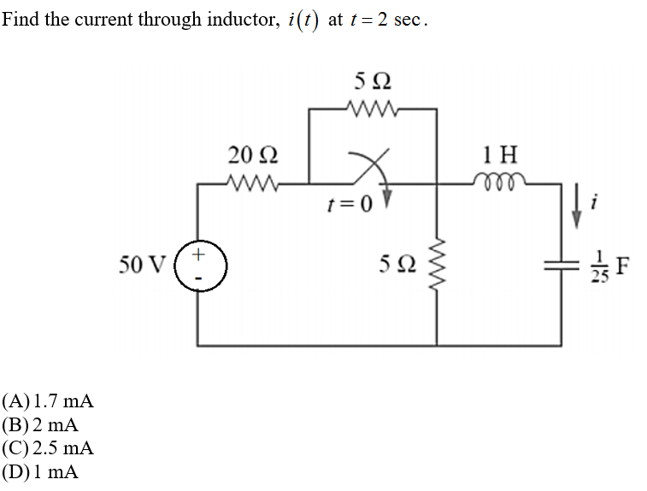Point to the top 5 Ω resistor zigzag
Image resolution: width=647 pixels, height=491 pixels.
coord(372,108)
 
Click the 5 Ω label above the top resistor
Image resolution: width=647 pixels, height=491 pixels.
coord(372,82)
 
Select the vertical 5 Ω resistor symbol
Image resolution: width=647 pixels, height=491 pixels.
coord(437,265)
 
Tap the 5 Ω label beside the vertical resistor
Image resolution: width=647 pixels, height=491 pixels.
coord(398,266)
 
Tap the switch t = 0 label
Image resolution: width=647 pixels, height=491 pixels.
coord(350,205)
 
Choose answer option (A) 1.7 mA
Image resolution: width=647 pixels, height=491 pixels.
coord(48,401)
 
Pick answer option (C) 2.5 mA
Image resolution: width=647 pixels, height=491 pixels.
coord(48,447)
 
